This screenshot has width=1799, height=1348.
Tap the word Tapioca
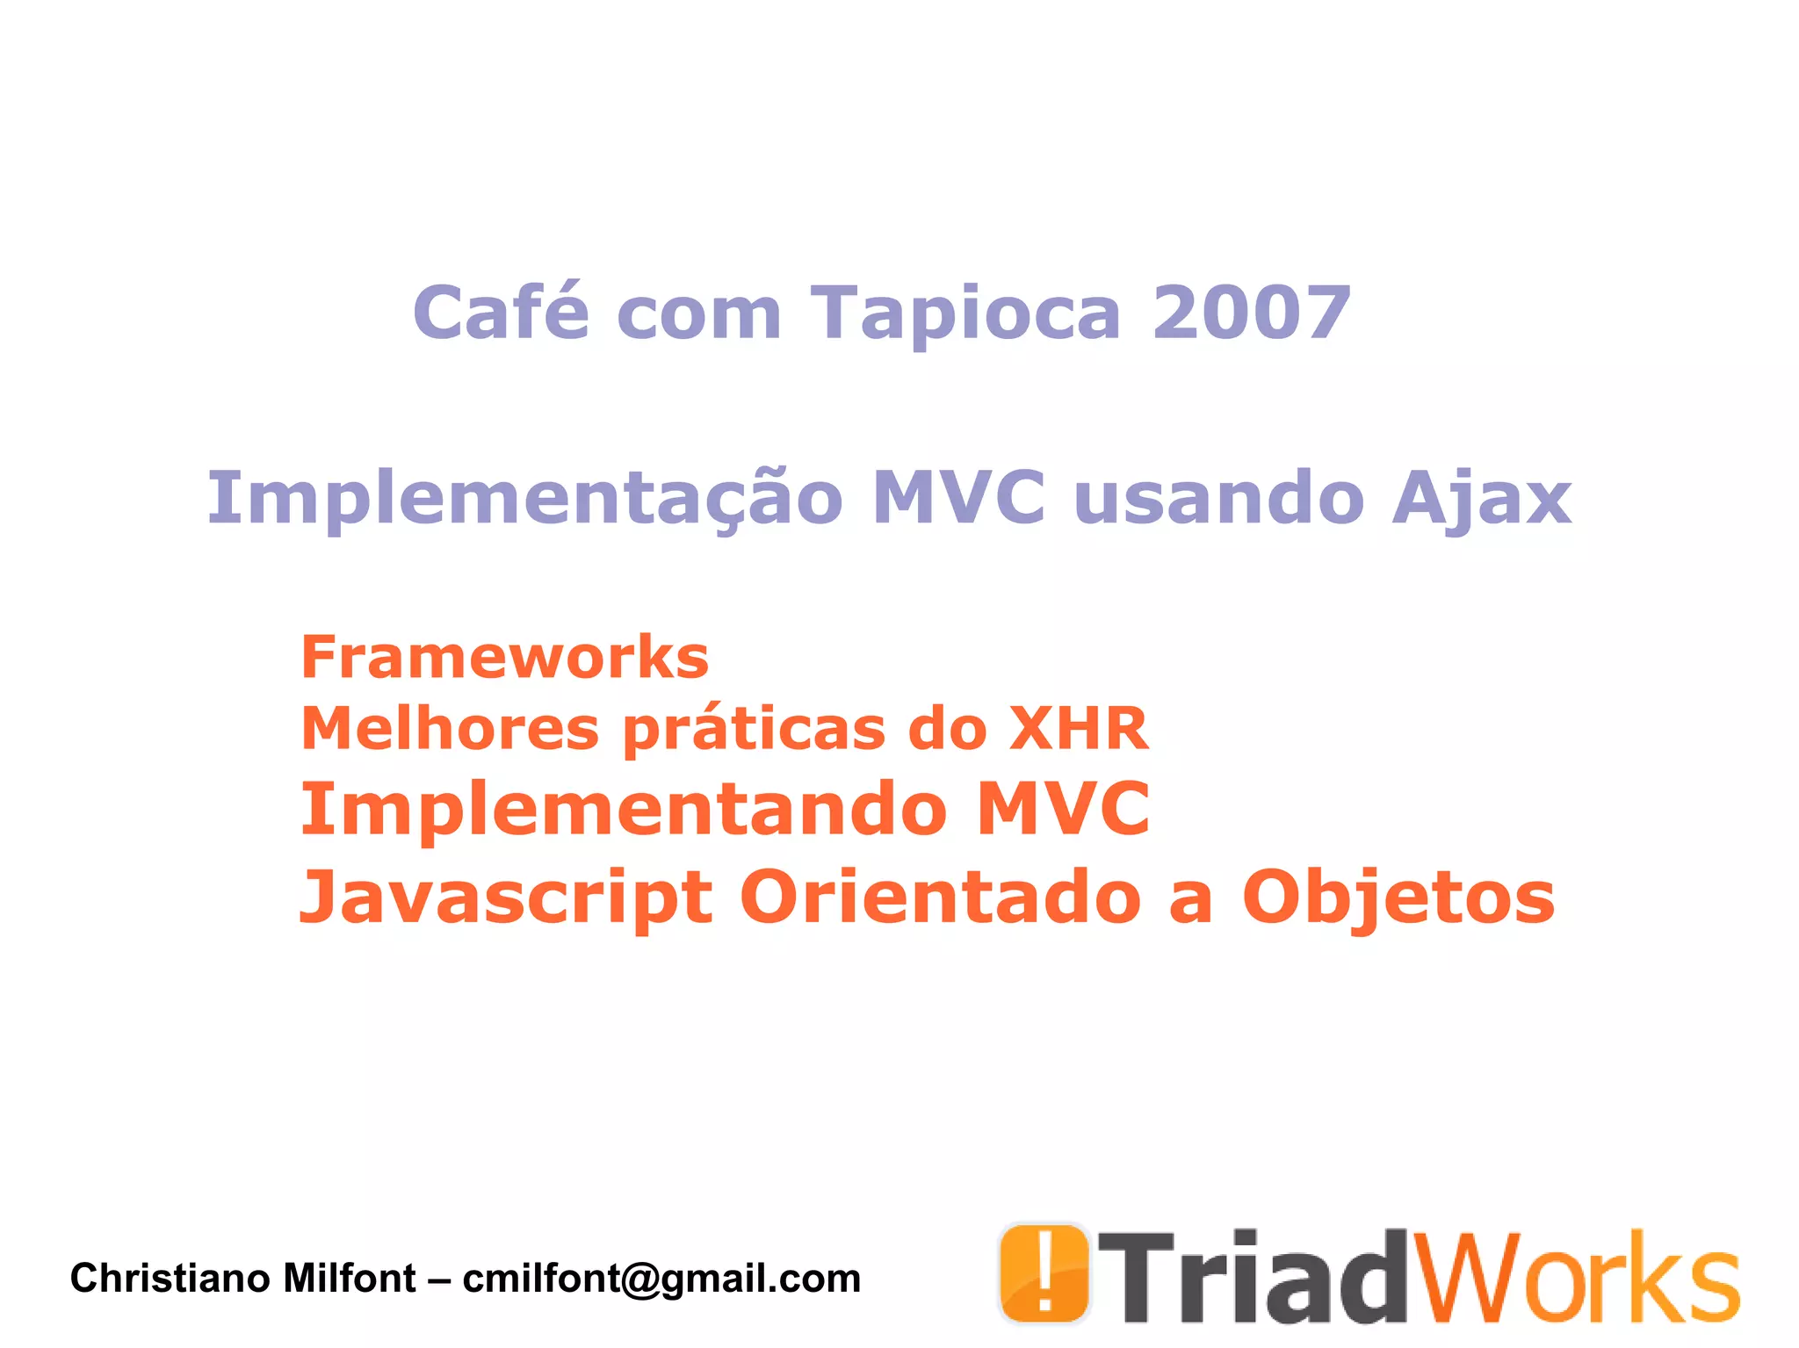tap(965, 314)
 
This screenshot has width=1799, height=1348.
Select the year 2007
tap(1251, 313)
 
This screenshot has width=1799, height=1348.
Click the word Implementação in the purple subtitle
tap(524, 499)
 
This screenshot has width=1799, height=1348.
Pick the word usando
tap(1218, 499)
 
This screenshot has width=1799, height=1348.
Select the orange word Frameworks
tap(504, 657)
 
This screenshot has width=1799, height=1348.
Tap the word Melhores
tap(450, 728)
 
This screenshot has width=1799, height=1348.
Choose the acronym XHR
tap(1079, 728)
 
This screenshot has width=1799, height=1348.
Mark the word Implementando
tap(624, 810)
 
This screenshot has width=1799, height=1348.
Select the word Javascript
tap(506, 898)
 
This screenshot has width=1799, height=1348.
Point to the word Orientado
tap(940, 897)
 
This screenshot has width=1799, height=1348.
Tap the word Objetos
tap(1398, 898)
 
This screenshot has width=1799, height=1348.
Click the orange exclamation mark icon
tap(1044, 1273)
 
